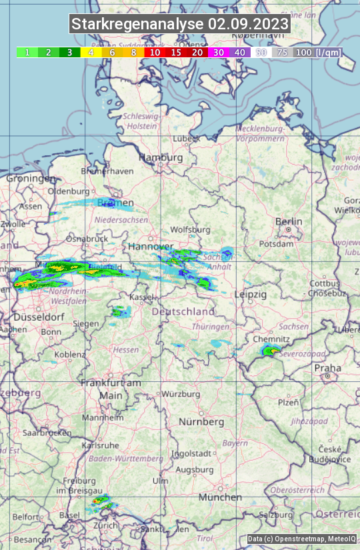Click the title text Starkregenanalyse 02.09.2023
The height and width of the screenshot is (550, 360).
[x=180, y=25]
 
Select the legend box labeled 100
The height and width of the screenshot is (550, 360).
[x=303, y=52]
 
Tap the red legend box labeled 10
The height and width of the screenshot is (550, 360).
[x=155, y=52]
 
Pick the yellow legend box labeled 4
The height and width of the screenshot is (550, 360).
[x=91, y=52]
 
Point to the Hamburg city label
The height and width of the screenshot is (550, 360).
[x=161, y=157]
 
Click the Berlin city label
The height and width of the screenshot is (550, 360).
[x=289, y=221]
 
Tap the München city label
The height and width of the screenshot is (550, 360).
[x=219, y=497]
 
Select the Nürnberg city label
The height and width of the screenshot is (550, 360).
[x=201, y=422]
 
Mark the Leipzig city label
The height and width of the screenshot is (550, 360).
[x=251, y=294]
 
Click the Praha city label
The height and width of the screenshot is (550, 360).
[x=327, y=368]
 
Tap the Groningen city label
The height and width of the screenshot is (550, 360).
[x=31, y=179]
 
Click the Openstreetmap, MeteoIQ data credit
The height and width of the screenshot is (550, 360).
[x=302, y=539]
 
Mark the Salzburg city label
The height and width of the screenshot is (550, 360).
[x=277, y=515]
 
